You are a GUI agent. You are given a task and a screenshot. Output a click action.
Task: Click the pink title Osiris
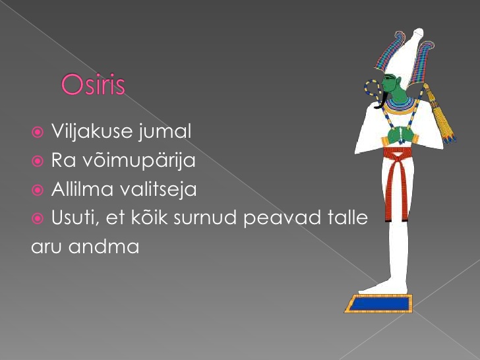click(x=93, y=84)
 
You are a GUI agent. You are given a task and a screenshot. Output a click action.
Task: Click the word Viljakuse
click(x=92, y=132)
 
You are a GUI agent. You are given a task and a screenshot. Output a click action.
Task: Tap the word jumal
click(x=165, y=132)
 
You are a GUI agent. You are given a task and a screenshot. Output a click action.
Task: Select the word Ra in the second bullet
click(x=63, y=160)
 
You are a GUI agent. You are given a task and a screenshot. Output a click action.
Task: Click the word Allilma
click(x=82, y=189)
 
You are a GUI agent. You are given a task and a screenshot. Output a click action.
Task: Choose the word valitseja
click(x=158, y=189)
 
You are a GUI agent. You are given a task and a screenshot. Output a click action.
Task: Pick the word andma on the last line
click(x=104, y=247)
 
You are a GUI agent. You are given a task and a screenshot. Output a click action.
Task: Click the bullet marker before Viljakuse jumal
click(x=38, y=133)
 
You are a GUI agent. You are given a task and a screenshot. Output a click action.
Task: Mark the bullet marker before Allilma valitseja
click(x=38, y=190)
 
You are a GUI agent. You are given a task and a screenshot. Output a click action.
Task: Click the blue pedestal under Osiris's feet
click(x=379, y=304)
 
